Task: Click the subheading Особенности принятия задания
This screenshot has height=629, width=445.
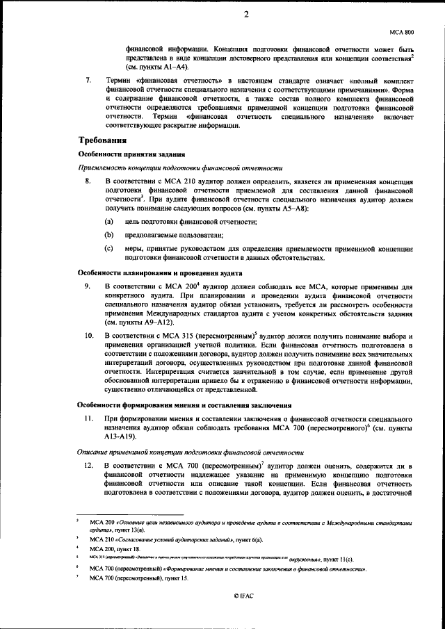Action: (130, 154)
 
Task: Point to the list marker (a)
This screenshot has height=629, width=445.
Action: (109, 221)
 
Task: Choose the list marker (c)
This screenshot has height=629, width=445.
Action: (109, 247)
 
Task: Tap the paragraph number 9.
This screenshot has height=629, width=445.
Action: (88, 286)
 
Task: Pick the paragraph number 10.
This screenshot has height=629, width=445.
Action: (89, 336)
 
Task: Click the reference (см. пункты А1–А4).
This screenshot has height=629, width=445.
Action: (156, 68)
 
